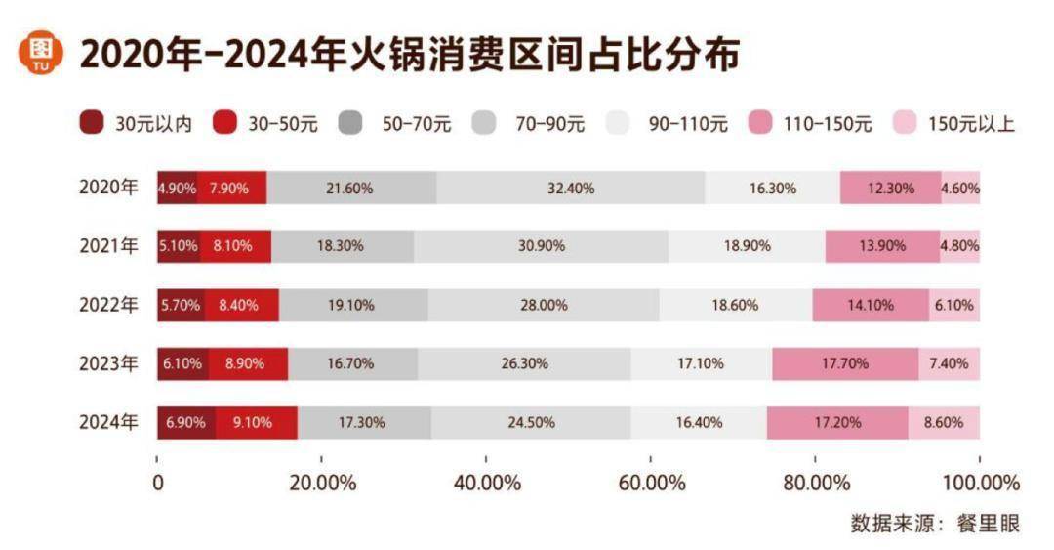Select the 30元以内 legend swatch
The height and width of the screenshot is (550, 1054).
click(x=93, y=123)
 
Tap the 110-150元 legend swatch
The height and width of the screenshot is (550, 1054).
click(x=761, y=123)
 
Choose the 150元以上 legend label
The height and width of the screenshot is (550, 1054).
click(x=971, y=124)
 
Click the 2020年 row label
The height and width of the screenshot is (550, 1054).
click(x=109, y=188)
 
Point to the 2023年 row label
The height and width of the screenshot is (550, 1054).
click(x=109, y=363)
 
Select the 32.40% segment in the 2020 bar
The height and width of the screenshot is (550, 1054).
click(x=570, y=188)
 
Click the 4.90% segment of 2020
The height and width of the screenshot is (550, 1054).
click(x=177, y=188)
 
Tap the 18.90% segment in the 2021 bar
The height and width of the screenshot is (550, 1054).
click(x=747, y=246)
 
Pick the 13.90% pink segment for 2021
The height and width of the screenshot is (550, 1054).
click(x=882, y=246)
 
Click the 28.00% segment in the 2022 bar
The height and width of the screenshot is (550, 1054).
click(x=544, y=305)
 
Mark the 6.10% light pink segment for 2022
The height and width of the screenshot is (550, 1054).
click(x=954, y=305)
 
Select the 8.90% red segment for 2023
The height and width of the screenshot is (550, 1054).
click(x=248, y=363)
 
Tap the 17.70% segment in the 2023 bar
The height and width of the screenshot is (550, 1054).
click(x=845, y=363)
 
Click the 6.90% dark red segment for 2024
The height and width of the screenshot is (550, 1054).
click(x=185, y=422)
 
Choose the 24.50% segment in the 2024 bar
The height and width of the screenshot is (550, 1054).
click(x=531, y=422)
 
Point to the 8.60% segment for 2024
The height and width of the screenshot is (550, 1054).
click(x=944, y=422)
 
